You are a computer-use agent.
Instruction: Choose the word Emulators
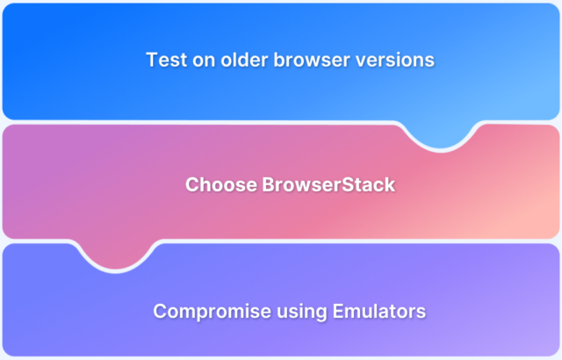(x=362, y=312)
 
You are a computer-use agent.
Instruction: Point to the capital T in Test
(x=152, y=61)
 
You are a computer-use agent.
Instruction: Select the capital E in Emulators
(x=324, y=312)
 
